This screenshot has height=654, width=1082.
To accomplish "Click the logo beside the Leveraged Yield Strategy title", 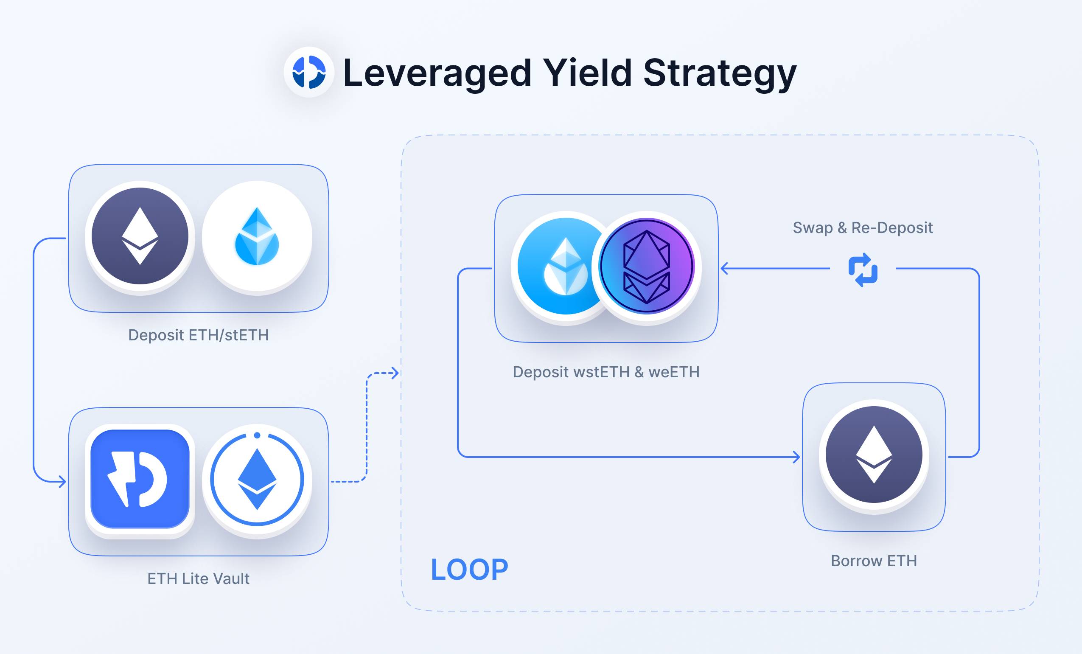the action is pyautogui.click(x=309, y=72).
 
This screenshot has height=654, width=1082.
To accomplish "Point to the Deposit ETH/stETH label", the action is pyautogui.click(x=199, y=335).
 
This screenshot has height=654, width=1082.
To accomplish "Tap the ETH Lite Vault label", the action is pyautogui.click(x=199, y=578).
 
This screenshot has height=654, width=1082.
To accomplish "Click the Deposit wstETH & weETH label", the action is pyautogui.click(x=606, y=372).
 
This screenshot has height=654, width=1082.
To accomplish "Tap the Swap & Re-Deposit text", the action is pyautogui.click(x=863, y=227).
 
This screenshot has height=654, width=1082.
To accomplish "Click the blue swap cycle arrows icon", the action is pyautogui.click(x=863, y=269).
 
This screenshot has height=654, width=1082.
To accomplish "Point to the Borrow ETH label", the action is pyautogui.click(x=874, y=561).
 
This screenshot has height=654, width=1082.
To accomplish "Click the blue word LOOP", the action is pyautogui.click(x=469, y=570).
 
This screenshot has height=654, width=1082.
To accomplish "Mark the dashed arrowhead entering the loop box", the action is pyautogui.click(x=395, y=373).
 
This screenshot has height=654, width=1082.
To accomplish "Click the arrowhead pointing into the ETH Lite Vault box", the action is pyautogui.click(x=63, y=482).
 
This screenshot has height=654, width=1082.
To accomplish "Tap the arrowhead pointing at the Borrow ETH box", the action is pyautogui.click(x=796, y=457).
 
